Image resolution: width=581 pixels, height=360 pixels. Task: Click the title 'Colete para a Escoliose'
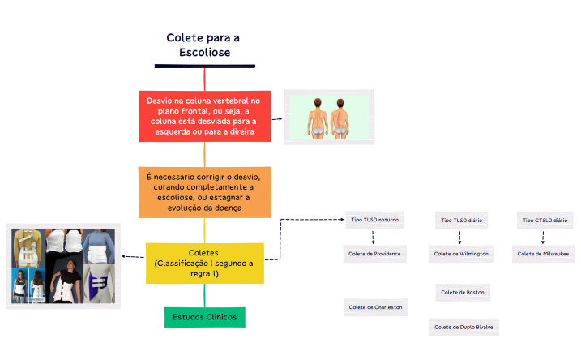coord(203,45)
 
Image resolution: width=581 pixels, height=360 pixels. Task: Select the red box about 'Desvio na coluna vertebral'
coord(203,116)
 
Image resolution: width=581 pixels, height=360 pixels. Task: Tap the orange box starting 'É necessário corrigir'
coord(203,192)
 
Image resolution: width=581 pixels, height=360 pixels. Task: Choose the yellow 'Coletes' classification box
coord(203,263)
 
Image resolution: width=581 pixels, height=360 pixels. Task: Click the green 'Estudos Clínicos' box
coord(204,317)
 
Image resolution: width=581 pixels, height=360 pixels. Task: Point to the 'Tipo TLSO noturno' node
coord(374,220)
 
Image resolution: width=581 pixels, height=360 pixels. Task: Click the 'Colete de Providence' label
coord(374,254)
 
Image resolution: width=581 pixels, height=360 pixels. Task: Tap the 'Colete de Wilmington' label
coord(462,254)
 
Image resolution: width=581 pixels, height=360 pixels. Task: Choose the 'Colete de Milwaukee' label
coord(543,254)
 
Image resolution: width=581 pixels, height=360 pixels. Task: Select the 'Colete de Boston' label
coord(462,292)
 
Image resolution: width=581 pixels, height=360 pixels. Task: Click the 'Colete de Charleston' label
coord(374,307)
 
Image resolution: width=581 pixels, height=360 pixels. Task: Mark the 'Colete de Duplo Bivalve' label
coord(463,328)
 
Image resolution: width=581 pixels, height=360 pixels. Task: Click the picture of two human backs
coord(329,118)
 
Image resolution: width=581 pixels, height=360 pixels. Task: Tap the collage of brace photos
coord(63,266)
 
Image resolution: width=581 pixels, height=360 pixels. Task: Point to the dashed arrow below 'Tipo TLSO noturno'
coord(374,237)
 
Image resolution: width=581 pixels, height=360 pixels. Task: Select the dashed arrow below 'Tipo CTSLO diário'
coord(543,237)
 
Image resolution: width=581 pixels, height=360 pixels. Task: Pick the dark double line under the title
coord(204,66)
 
